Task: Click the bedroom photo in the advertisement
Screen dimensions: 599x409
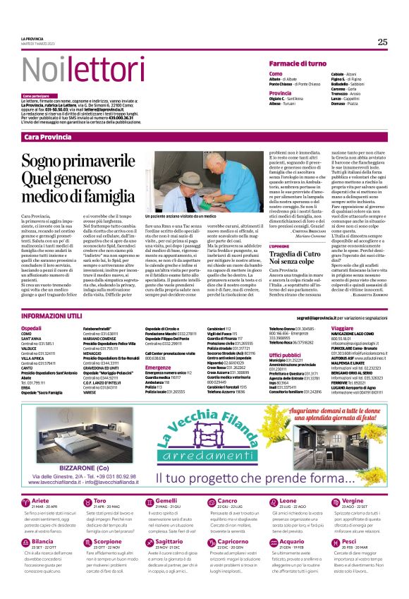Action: [69, 432]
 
